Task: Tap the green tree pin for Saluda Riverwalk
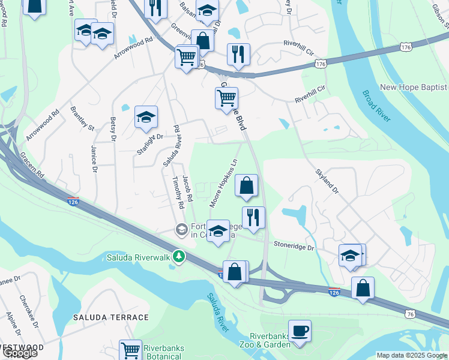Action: tap(178, 256)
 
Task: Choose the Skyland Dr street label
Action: tap(328, 181)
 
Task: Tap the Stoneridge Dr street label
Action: tap(294, 247)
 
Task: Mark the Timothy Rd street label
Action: tap(178, 193)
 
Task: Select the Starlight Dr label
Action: tap(149, 144)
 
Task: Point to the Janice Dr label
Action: tap(94, 158)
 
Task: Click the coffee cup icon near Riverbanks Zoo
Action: tap(300, 330)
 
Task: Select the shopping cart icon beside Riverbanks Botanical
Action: tap(130, 350)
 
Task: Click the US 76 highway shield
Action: tap(410, 314)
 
